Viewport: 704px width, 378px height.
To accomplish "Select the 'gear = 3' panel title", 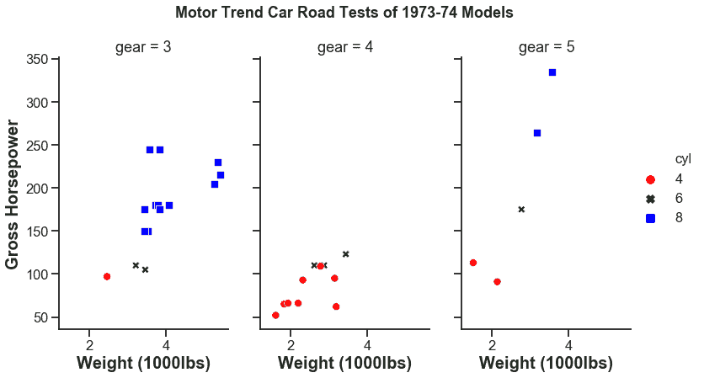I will [143, 47].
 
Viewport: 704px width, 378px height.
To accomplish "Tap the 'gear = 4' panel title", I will [345, 47].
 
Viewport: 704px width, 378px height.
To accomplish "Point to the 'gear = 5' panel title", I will [547, 47].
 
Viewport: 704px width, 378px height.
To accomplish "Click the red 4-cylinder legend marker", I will [649, 179].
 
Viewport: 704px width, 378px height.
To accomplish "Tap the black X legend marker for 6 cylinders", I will [649, 199].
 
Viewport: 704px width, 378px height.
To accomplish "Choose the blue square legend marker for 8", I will [649, 218].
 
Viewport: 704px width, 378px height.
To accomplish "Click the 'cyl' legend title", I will [683, 159].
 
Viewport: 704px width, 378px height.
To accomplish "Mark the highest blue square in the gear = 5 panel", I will [552, 72].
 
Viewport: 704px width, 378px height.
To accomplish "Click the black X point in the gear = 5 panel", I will [521, 209].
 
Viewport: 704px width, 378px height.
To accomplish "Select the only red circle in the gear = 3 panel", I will [107, 276].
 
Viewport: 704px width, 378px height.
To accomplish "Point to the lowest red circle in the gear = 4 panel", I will [275, 315].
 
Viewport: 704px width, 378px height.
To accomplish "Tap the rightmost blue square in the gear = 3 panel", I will [221, 175].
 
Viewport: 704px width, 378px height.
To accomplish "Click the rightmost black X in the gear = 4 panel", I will [345, 253].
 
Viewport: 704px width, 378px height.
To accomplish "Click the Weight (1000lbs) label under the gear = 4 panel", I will [344, 363].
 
